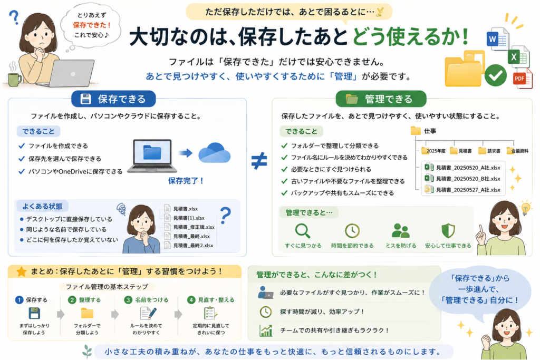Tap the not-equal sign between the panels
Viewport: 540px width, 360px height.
click(259, 161)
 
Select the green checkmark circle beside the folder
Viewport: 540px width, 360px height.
click(496, 75)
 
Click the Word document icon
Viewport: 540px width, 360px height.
click(497, 39)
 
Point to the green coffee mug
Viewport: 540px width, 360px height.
click(14, 79)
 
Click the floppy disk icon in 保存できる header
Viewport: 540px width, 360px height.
click(85, 99)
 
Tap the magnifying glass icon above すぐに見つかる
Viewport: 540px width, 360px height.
click(303, 231)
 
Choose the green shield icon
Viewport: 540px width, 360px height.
click(448, 230)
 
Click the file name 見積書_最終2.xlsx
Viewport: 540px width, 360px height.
click(193, 246)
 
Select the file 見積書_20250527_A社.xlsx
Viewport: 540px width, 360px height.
click(468, 190)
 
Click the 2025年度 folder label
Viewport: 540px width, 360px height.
click(436, 151)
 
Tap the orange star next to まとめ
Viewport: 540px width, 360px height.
click(21, 271)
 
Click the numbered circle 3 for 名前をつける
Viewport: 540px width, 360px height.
click(128, 300)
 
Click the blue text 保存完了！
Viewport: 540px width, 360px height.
click(186, 181)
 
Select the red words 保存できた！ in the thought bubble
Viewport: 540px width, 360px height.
click(92, 25)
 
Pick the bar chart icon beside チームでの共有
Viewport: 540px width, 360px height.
click(266, 330)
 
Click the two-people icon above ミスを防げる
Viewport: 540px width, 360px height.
click(401, 230)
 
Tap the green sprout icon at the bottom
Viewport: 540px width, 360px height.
click(87, 352)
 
